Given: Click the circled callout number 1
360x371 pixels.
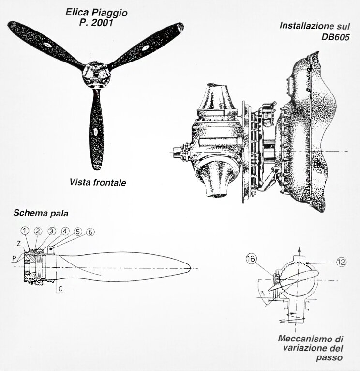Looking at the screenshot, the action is pos(25,231).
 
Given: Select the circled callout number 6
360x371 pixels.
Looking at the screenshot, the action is pos(90,232).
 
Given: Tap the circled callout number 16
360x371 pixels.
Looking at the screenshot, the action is pos(251,259).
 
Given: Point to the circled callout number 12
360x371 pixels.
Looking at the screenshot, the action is pos(341,262).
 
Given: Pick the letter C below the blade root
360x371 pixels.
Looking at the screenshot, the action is pos(60,289).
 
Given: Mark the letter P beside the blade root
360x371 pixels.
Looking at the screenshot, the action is pos(14,259).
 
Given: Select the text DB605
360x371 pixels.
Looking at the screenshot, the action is pos(335,37).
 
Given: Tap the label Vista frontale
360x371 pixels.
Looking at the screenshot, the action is pos(98,182).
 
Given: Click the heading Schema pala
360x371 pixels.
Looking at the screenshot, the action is pos(41,213).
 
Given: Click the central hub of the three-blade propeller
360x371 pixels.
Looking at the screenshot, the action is pos(95,74).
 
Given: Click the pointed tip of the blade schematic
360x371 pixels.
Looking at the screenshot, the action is pos(190,267).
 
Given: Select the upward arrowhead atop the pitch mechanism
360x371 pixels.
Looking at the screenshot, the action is pos(300,249).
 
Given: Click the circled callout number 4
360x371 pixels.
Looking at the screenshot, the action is pos(65,231).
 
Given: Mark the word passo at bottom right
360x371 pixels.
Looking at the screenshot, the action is pos(329,357).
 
